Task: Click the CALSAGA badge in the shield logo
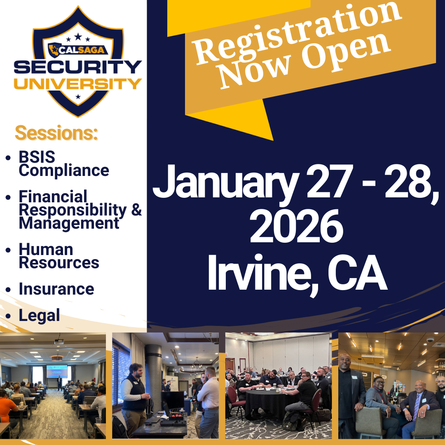(x=78, y=50)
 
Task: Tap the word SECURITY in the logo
(x=78, y=67)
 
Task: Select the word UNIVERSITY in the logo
(x=78, y=84)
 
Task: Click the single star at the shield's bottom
(x=78, y=97)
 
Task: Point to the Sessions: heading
(x=56, y=133)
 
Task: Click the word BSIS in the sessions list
(x=37, y=157)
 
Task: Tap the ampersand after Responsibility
(x=136, y=210)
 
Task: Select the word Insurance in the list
(x=56, y=289)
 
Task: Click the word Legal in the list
(x=39, y=316)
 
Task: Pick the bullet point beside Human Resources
(x=8, y=250)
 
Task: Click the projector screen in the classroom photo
(x=57, y=372)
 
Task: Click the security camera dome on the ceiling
(x=430, y=340)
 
